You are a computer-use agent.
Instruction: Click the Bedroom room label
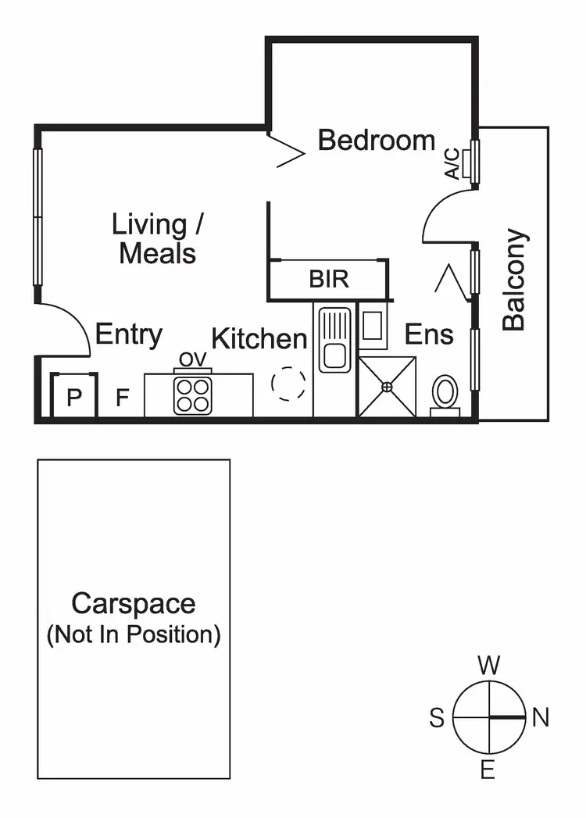(x=377, y=141)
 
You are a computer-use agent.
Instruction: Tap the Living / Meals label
(x=158, y=239)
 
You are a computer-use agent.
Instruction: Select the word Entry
(x=129, y=335)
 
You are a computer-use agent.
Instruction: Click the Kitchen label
(x=259, y=339)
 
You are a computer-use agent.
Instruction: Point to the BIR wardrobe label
(x=329, y=280)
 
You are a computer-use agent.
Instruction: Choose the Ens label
(x=429, y=335)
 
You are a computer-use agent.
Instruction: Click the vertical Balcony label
(x=514, y=279)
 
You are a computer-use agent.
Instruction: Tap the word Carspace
(x=134, y=603)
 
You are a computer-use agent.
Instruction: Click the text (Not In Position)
(x=134, y=634)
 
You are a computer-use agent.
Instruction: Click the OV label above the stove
(x=192, y=359)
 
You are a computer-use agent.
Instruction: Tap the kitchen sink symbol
(x=335, y=341)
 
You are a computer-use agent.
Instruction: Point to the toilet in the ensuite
(x=445, y=392)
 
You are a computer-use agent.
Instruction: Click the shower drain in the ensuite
(x=387, y=386)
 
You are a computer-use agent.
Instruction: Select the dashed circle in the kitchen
(x=288, y=384)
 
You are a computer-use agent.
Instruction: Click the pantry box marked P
(x=74, y=398)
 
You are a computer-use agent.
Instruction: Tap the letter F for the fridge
(x=122, y=398)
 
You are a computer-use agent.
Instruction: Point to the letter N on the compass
(x=540, y=717)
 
